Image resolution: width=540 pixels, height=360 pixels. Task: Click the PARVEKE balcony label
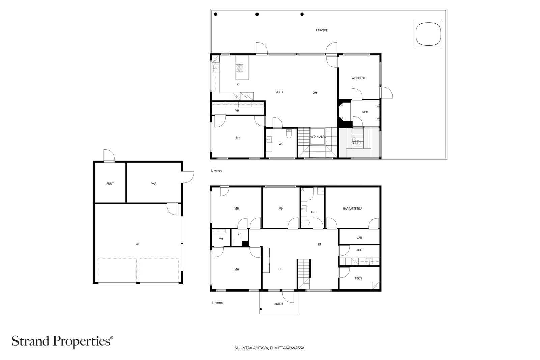click(x=321, y=30)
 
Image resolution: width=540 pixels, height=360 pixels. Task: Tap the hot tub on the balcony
click(x=428, y=34)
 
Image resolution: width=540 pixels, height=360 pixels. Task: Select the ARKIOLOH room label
click(x=359, y=78)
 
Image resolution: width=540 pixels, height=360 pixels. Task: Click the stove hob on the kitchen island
click(x=239, y=68)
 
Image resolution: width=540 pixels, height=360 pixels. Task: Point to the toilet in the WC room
click(x=289, y=134)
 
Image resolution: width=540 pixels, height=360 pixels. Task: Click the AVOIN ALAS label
click(x=318, y=137)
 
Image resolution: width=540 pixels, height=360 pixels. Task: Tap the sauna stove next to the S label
click(x=358, y=143)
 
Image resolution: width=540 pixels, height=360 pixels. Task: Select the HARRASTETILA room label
click(x=352, y=209)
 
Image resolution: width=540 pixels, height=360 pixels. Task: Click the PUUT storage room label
click(x=110, y=184)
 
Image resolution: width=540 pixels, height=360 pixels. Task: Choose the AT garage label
click(x=138, y=244)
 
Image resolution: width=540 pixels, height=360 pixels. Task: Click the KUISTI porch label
click(x=279, y=304)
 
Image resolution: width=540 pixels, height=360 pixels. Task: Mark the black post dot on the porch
click(x=261, y=309)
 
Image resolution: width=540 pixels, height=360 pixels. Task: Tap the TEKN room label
click(x=358, y=278)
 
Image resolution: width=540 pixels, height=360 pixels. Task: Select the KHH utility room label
click(x=359, y=250)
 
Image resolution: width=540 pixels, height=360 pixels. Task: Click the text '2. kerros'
click(x=216, y=171)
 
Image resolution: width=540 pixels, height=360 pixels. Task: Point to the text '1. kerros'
click(x=217, y=303)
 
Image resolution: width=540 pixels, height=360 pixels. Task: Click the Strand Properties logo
click(x=62, y=341)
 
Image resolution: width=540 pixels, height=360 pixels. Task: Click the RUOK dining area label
click(x=279, y=92)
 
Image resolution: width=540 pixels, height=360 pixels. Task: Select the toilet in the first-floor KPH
click(x=305, y=223)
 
